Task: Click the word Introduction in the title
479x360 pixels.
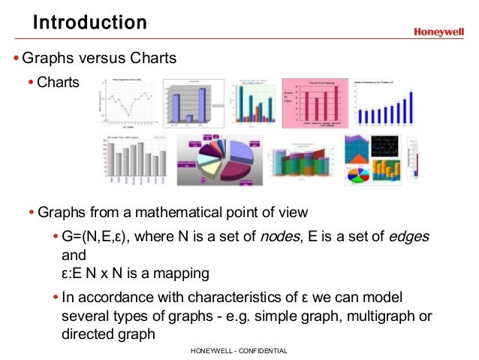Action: click(x=89, y=23)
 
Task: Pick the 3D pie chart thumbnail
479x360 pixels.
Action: click(x=220, y=157)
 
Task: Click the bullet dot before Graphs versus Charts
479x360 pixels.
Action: click(x=16, y=58)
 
